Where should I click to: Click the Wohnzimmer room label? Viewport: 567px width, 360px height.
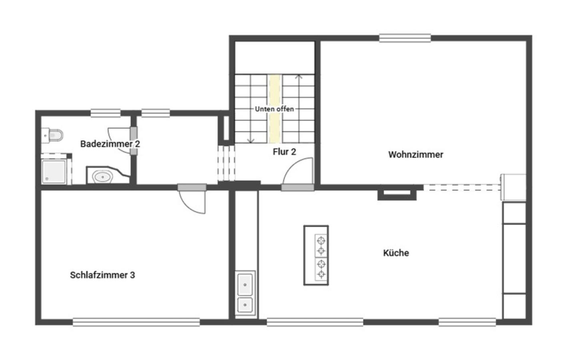[415, 154]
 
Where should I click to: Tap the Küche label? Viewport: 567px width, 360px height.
[396, 253]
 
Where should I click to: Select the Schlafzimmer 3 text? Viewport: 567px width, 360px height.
[102, 275]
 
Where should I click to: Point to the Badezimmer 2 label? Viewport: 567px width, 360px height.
[110, 144]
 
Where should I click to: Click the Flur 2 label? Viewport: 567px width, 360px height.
[284, 152]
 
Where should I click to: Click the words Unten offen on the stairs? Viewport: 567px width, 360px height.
[274, 109]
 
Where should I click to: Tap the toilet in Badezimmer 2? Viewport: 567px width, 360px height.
[53, 135]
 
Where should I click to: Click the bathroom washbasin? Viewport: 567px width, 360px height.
[103, 176]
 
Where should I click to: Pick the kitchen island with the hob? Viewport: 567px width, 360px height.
[316, 255]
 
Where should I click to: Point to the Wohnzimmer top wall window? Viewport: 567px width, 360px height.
[405, 38]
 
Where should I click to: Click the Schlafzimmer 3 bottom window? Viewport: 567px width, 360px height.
[136, 322]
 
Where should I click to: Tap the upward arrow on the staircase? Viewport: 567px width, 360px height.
[299, 77]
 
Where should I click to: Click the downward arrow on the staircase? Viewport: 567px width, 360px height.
[251, 140]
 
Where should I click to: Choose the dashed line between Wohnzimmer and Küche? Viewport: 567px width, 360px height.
[462, 187]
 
